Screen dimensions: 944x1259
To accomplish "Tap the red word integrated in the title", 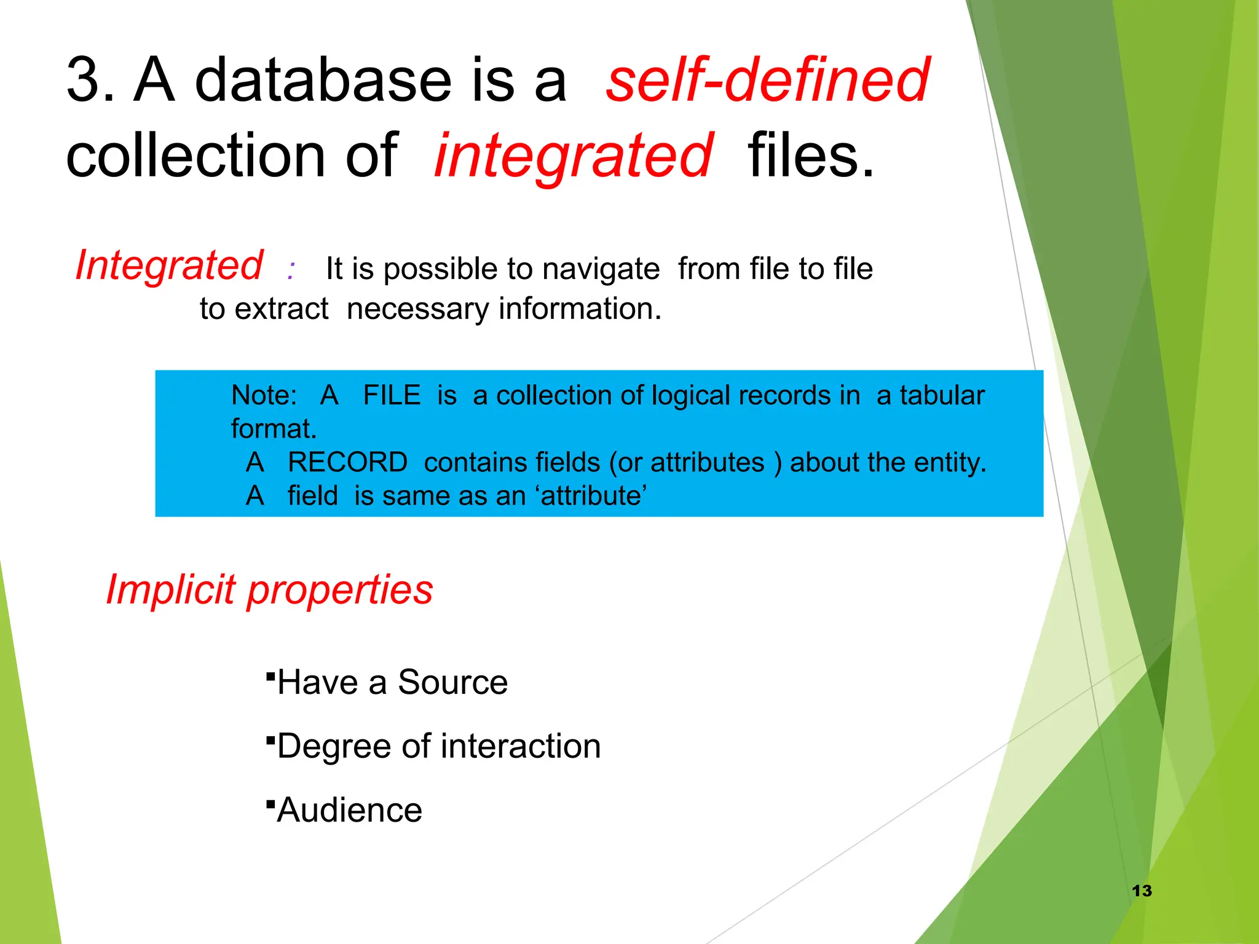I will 574,156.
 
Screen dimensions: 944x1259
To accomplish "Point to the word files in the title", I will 810,156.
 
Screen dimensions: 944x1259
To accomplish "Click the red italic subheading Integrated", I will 169,265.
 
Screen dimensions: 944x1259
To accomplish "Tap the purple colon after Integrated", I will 291,270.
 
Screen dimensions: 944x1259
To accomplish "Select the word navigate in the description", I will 601,269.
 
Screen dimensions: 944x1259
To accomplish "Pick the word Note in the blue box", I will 263,395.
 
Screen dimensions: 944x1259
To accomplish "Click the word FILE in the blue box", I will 392,395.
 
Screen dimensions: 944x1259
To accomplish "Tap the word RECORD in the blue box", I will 347,462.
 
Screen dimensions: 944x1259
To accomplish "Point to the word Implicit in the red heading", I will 171,589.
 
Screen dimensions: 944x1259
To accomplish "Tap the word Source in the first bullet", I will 452,682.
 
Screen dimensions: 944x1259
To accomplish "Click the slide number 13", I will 1142,891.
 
